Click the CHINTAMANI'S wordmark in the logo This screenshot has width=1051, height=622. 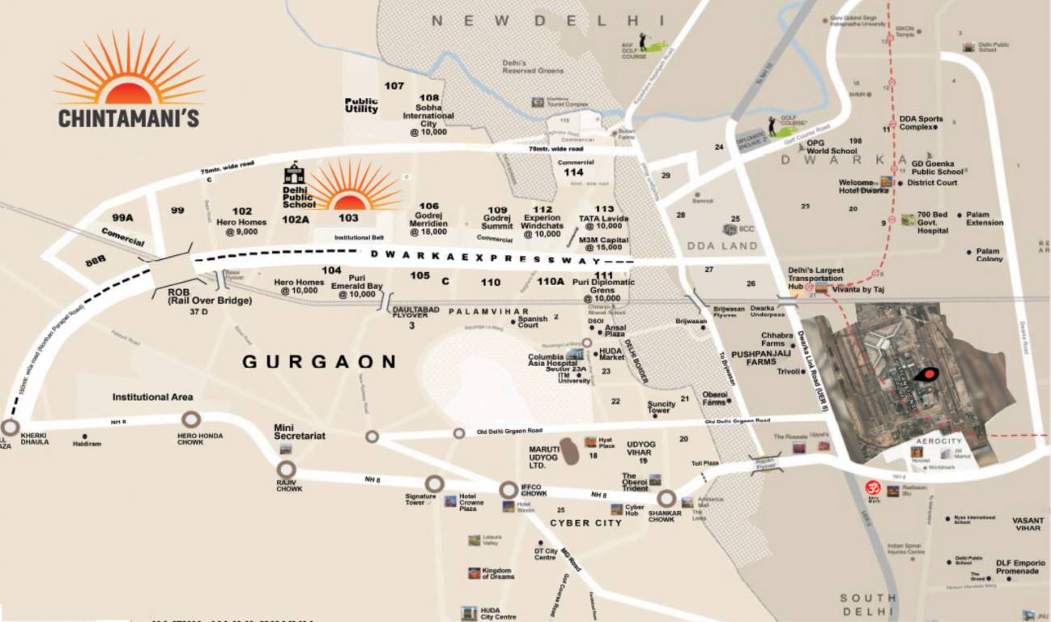[128, 117]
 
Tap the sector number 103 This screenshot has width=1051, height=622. [348, 218]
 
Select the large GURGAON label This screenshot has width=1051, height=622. [320, 362]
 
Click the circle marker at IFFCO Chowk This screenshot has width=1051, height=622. [508, 490]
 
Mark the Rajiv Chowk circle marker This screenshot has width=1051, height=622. [286, 470]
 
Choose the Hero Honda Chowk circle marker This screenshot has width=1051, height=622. [191, 420]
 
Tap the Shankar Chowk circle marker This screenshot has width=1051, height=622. [666, 498]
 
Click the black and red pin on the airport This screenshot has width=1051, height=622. [926, 374]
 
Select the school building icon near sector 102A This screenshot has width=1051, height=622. [294, 173]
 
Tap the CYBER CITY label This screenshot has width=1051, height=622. [586, 522]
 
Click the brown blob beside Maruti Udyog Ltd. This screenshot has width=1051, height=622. [571, 451]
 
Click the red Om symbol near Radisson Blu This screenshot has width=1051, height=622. [871, 488]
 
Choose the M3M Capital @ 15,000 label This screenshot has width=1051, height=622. [603, 243]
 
